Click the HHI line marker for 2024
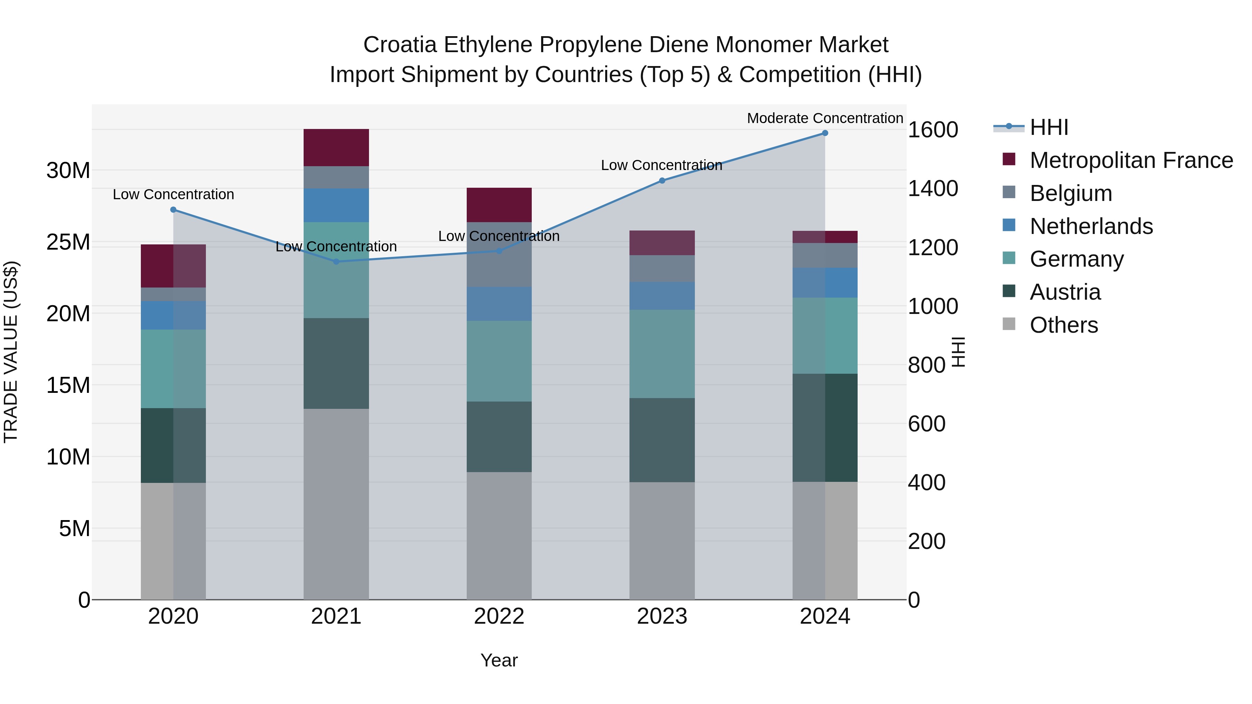825,133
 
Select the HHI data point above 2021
336,261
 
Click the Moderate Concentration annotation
825,118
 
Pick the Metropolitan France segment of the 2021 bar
336,148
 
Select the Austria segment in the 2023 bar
662,440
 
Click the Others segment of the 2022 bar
499,535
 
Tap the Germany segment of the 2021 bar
336,270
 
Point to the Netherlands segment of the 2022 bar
499,304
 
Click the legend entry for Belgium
1071,193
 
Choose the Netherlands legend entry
1091,226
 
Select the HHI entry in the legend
1049,127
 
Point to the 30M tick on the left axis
68,171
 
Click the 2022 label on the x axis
499,616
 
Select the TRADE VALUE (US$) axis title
11,352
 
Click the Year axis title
499,660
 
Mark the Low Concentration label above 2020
173,194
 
